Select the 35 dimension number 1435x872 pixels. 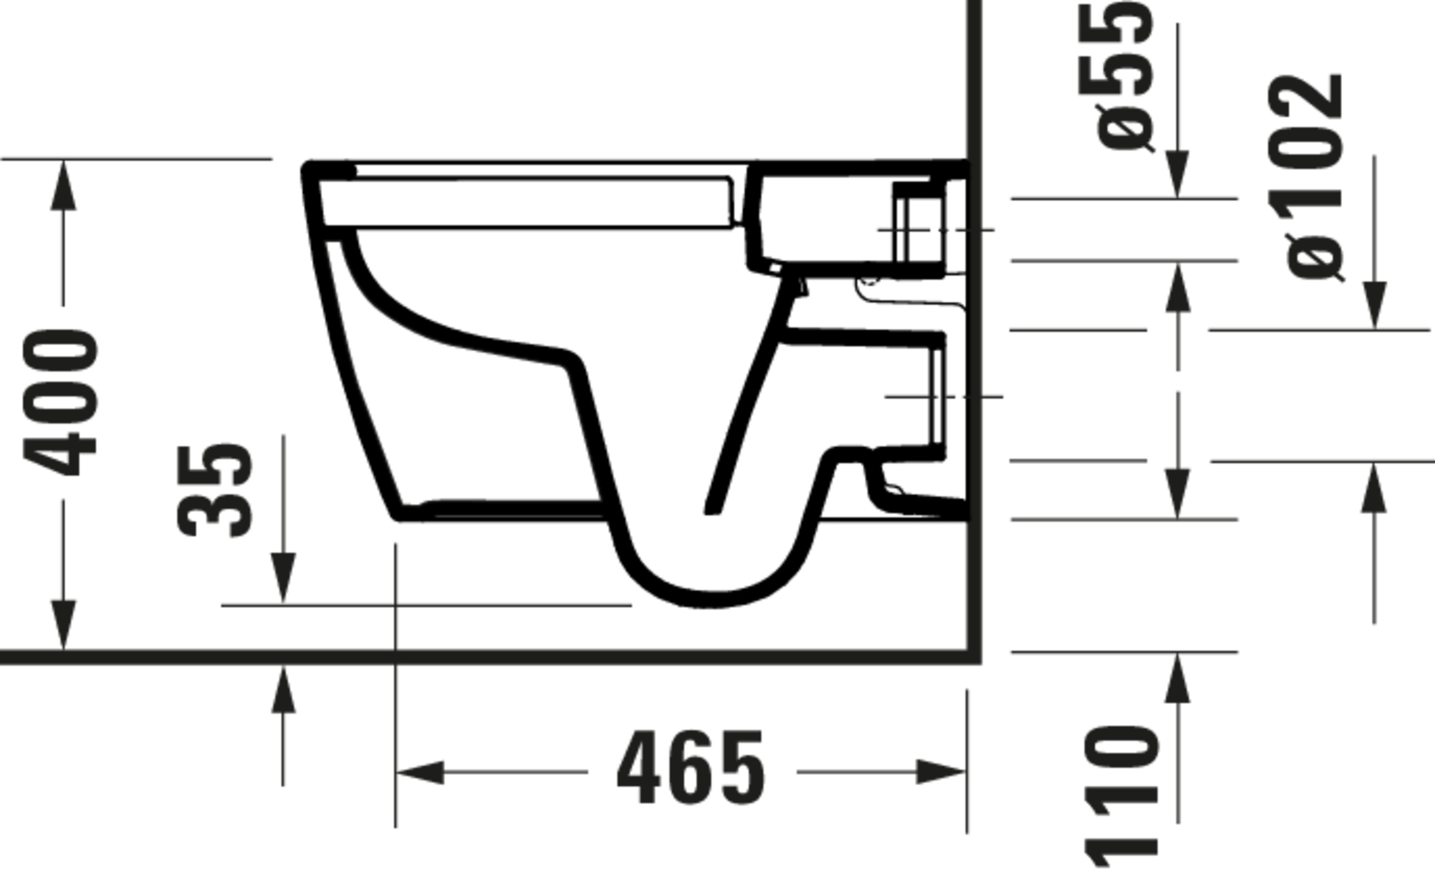pos(215,490)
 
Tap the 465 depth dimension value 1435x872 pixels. pos(691,767)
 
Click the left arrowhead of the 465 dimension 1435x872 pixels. pos(420,773)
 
